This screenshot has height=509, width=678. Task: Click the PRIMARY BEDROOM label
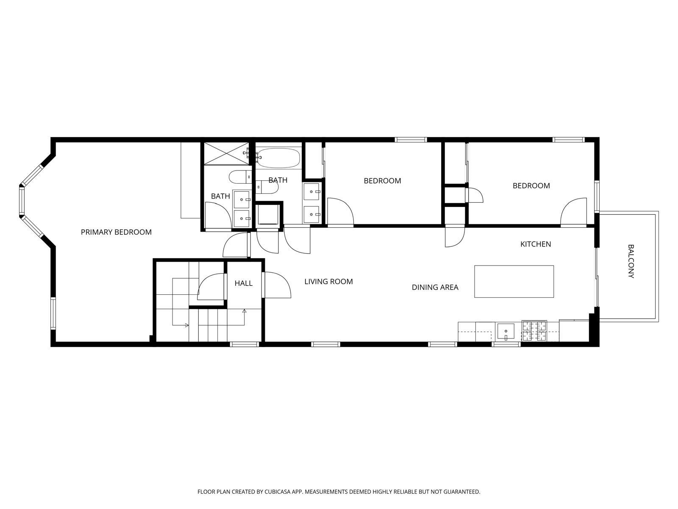click(116, 232)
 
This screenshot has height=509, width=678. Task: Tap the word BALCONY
click(631, 261)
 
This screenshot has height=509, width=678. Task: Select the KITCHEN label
click(536, 244)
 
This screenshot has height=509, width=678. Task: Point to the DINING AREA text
click(435, 287)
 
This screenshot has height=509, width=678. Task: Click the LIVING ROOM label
click(328, 281)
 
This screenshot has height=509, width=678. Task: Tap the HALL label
click(243, 283)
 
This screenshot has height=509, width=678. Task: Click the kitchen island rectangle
click(514, 281)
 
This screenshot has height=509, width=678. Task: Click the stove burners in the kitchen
click(534, 331)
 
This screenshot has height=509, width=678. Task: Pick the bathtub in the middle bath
click(278, 158)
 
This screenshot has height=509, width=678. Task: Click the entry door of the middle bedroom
click(340, 211)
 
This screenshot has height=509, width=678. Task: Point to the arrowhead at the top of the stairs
click(245, 311)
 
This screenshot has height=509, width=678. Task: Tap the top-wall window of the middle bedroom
click(411, 140)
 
